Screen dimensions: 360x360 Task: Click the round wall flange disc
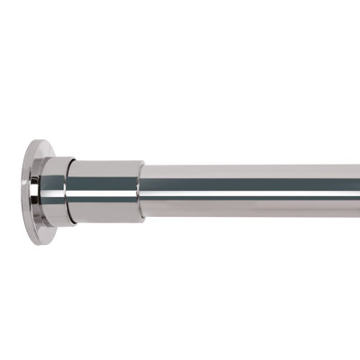34,183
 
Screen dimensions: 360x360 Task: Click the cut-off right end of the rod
357,186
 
